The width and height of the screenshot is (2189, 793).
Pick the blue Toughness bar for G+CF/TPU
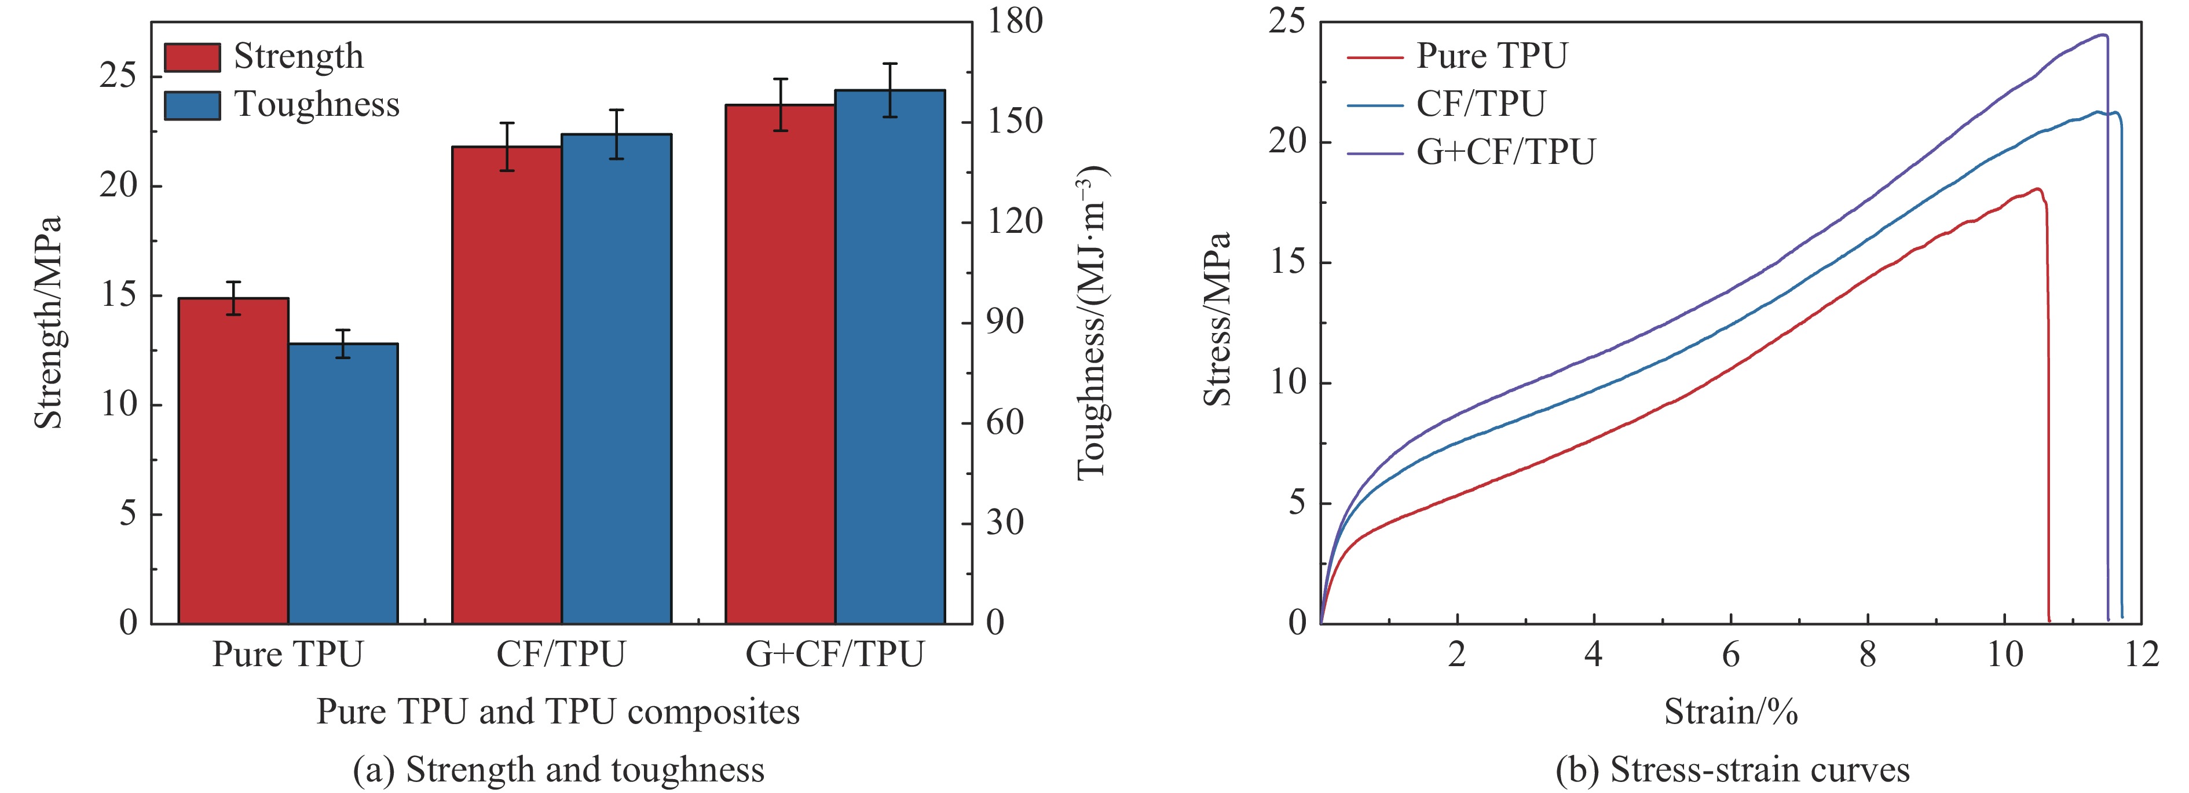click(x=889, y=357)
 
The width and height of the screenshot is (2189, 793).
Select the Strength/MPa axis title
click(x=49, y=323)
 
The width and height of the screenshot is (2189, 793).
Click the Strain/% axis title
click(x=1730, y=711)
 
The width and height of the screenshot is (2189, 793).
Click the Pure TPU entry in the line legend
click(x=1491, y=56)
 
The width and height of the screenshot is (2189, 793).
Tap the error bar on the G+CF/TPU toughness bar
click(x=889, y=89)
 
